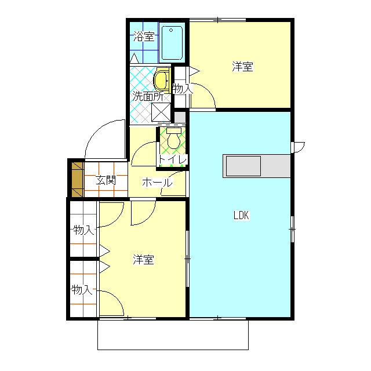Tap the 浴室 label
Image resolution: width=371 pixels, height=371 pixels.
[x=144, y=37]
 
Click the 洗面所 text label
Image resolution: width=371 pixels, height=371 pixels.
[x=147, y=96]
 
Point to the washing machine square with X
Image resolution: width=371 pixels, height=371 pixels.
[x=161, y=112]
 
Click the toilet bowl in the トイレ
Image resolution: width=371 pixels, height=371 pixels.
[x=173, y=141]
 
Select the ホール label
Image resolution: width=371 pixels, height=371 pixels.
[x=157, y=183]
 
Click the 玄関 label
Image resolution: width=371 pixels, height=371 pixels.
[x=106, y=180]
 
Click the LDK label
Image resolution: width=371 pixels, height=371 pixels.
[x=241, y=215]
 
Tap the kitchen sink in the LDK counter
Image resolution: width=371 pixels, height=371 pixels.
[x=243, y=166]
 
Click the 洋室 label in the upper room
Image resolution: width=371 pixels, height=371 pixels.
[x=242, y=67]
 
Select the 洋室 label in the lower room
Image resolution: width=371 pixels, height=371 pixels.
[x=143, y=260]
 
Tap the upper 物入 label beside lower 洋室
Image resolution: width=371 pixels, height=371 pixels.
[x=83, y=230]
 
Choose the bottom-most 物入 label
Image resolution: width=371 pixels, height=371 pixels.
[x=82, y=289]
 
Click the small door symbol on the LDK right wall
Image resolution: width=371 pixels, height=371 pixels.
[x=297, y=146]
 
